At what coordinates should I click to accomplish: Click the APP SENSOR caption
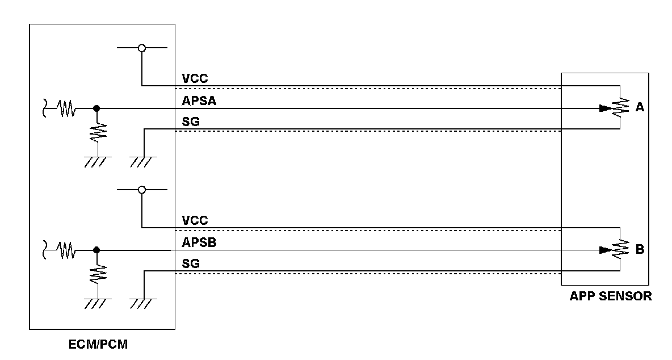coord(610,296)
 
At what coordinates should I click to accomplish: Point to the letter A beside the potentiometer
coord(640,107)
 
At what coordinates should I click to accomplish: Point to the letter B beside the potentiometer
coord(640,249)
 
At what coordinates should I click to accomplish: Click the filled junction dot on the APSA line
coord(96,108)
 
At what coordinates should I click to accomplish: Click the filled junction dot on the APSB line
coord(96,249)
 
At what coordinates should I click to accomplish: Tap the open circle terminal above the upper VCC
coord(142,48)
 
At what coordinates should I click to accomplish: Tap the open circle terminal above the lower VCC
coord(142,190)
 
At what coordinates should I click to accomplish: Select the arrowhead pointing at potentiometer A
coord(606,108)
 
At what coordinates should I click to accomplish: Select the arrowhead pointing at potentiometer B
coord(606,249)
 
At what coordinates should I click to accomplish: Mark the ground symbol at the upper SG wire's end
coord(141,162)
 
